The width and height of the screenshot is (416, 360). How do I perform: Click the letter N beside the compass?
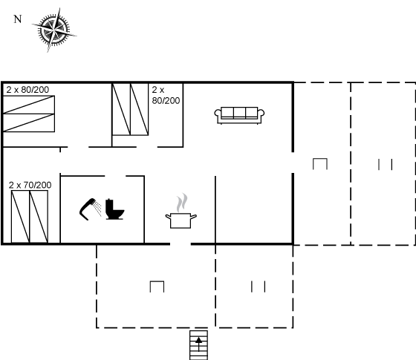point(18,19)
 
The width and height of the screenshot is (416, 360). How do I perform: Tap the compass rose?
point(54,30)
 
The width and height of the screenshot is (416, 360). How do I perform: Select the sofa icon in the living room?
point(239,115)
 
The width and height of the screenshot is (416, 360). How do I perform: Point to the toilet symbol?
point(114,209)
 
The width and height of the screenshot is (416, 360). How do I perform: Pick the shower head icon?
point(90,209)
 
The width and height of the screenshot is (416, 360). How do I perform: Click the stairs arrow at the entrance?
point(199,344)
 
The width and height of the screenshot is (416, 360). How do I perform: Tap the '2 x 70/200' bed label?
point(30,185)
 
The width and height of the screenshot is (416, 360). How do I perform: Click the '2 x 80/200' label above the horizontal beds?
point(27,90)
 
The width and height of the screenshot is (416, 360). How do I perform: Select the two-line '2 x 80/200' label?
point(166,95)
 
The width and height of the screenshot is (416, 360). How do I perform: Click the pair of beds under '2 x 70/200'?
point(30,216)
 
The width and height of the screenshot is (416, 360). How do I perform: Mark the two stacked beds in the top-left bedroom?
point(29,114)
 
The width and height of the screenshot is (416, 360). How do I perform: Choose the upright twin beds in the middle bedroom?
point(130,109)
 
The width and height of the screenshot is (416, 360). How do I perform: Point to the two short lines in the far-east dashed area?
point(386,164)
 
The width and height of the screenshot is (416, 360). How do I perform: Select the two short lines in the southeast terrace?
point(259,287)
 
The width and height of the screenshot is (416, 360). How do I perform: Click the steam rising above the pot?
point(182,203)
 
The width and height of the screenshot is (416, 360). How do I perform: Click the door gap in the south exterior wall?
point(181,244)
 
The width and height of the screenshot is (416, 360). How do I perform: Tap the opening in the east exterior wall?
point(293,163)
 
